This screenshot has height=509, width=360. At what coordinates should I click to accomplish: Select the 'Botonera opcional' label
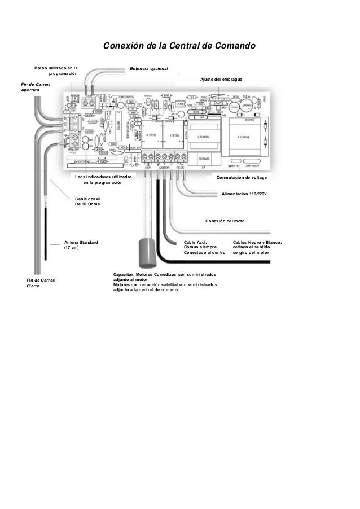pyautogui.click(x=149, y=68)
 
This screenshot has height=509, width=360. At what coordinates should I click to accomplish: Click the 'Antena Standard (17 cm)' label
pyautogui.click(x=81, y=245)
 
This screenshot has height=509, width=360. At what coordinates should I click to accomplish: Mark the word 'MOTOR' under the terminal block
pyautogui.click(x=164, y=168)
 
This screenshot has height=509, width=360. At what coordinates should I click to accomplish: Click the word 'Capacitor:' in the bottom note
pyautogui.click(x=125, y=274)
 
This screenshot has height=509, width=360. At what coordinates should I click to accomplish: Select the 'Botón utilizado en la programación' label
pyautogui.click(x=55, y=71)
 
